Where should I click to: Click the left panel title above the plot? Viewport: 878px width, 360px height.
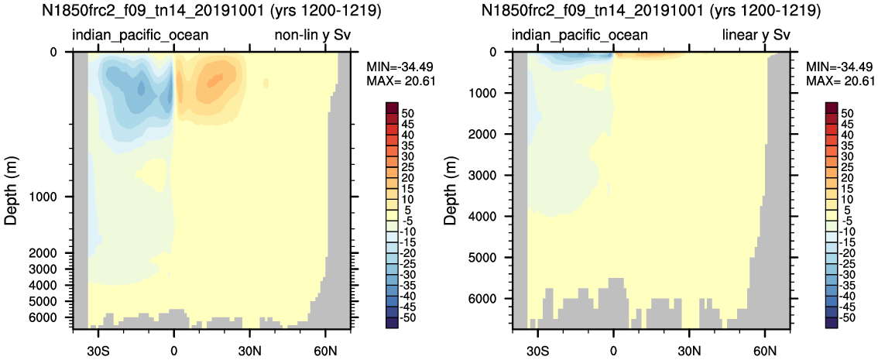(211, 12)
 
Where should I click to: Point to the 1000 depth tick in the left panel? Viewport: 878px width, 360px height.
(52, 197)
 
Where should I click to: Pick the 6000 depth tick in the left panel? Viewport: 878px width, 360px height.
(52, 317)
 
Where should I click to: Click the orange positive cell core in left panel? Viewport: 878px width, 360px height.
(218, 77)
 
